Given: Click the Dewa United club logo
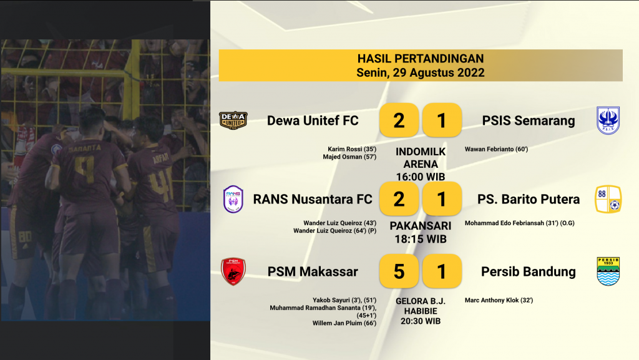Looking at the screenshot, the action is (x=233, y=120).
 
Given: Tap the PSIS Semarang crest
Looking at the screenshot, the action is (x=608, y=120).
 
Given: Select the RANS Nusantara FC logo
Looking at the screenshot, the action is (x=233, y=199).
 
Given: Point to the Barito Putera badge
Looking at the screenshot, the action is (x=608, y=199).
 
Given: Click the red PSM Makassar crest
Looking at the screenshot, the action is (x=233, y=271).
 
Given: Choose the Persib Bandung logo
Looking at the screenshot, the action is (x=608, y=271).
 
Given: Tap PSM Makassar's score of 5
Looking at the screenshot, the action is (x=399, y=271).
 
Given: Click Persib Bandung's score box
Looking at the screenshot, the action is (x=442, y=271).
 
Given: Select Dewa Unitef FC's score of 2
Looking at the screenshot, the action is (x=399, y=120).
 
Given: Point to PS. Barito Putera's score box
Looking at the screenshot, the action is (x=442, y=199).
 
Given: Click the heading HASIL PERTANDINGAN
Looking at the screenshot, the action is (x=421, y=59).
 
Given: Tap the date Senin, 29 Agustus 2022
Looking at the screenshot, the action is (x=421, y=72).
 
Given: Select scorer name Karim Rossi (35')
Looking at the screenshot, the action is (x=352, y=149).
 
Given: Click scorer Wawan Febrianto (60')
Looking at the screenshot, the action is (x=496, y=149).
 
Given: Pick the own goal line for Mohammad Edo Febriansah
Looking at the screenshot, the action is (x=520, y=223).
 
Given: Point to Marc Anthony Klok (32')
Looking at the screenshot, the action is (x=499, y=300).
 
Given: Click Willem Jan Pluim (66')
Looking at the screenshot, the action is (x=344, y=323).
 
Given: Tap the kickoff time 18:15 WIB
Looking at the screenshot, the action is (x=421, y=239).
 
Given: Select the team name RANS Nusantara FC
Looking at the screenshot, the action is (x=313, y=199).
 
